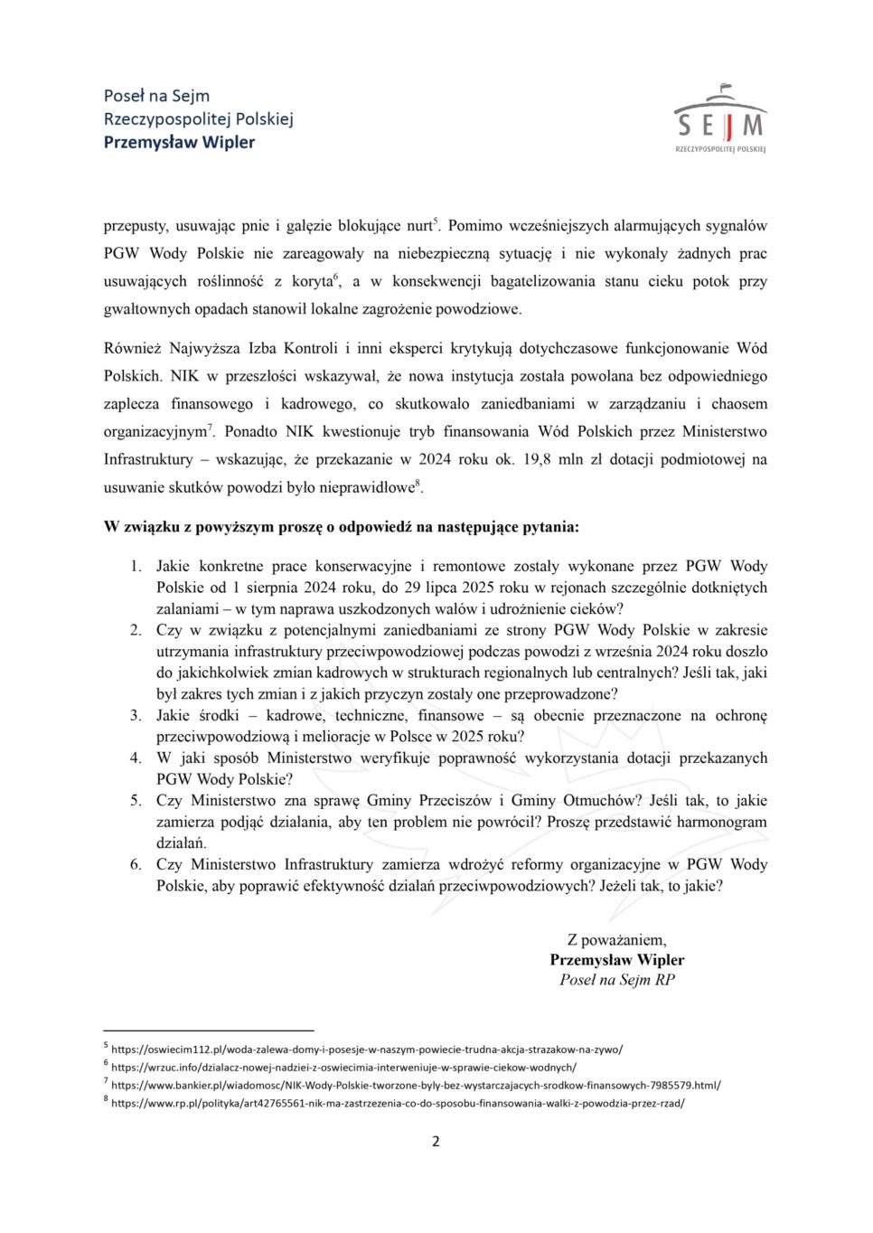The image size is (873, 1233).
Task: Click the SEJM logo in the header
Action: tap(719, 120)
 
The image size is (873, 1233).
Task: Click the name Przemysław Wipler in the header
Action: tap(179, 142)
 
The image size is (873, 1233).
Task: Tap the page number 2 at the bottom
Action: tap(436, 1141)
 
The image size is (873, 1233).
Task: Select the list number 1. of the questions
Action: tap(136, 566)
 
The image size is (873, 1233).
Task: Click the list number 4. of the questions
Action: tap(136, 758)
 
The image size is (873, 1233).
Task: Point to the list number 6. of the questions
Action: tap(136, 864)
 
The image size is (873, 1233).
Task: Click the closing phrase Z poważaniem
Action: tap(616, 939)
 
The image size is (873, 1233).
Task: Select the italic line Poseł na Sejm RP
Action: tap(616, 979)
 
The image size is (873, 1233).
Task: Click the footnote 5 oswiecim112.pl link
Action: tap(366, 1049)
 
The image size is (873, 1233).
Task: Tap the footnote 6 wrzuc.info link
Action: tap(343, 1067)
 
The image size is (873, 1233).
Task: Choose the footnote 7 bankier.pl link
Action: tap(416, 1085)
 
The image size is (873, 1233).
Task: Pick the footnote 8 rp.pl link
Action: tap(398, 1103)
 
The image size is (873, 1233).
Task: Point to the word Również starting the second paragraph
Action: tap(131, 348)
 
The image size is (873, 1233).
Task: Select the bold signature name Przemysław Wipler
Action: tap(616, 959)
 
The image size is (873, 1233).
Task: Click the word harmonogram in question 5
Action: tap(721, 822)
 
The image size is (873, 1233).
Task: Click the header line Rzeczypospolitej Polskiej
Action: tap(198, 118)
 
